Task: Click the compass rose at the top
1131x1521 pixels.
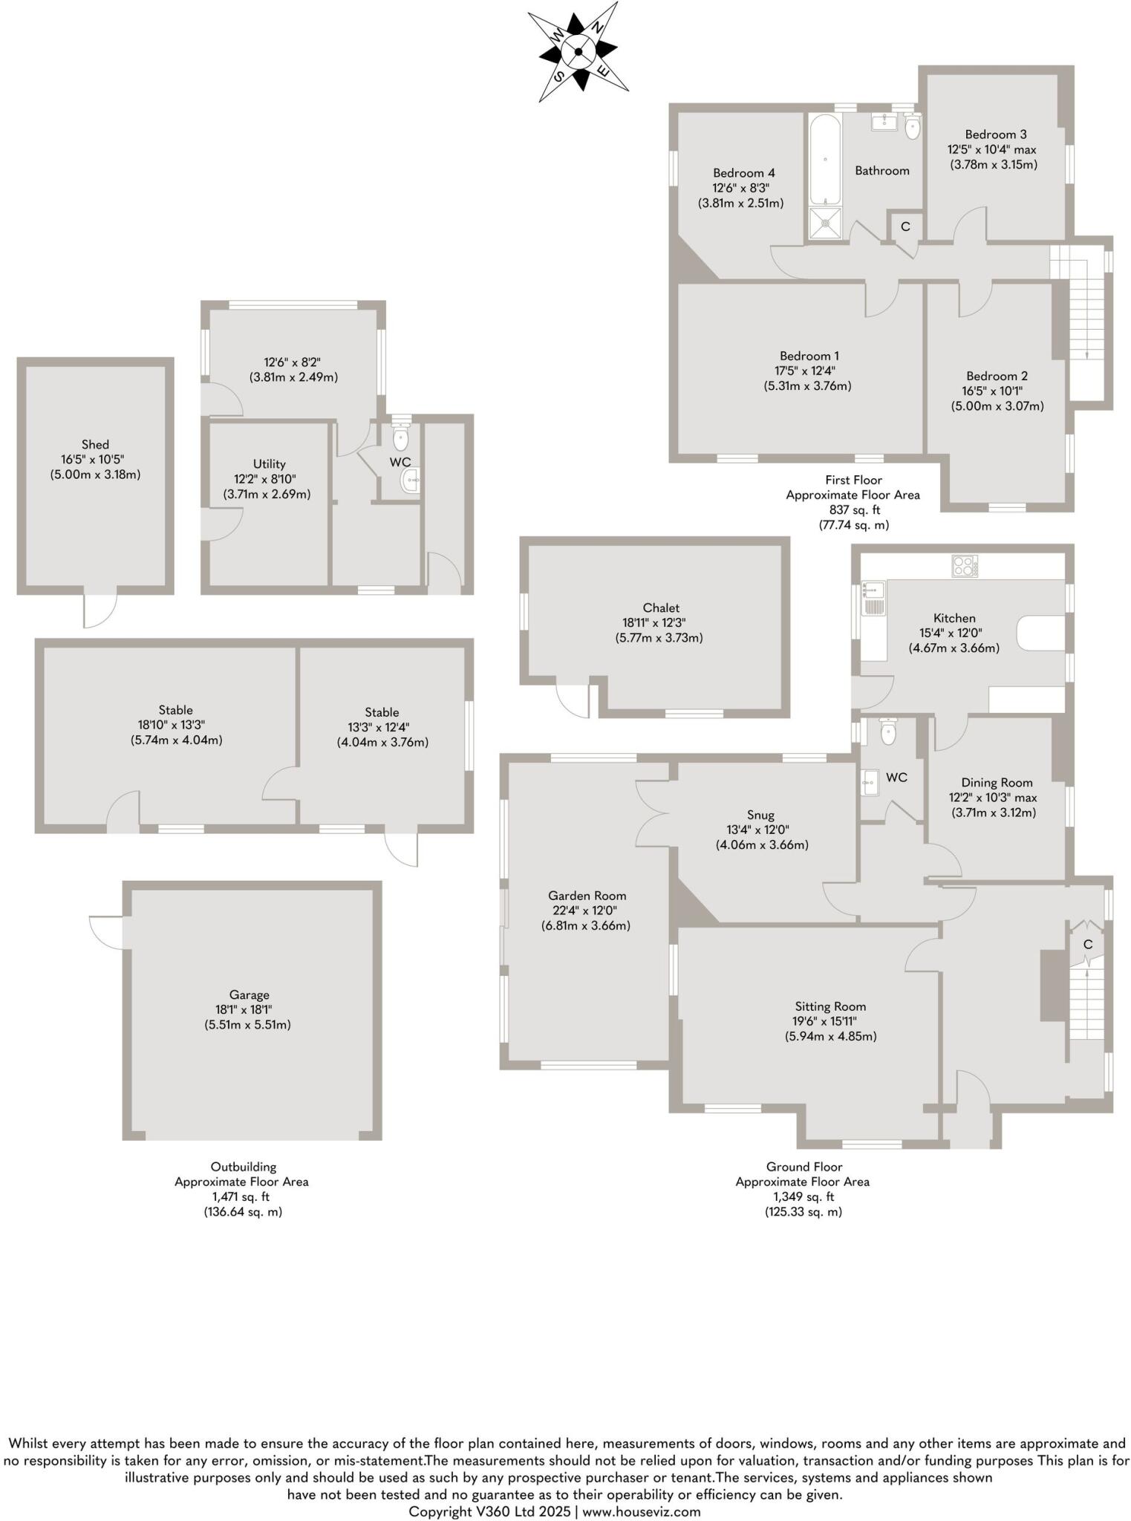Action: click(578, 51)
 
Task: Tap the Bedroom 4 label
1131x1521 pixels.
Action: click(740, 173)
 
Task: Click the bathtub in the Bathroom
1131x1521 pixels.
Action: click(825, 160)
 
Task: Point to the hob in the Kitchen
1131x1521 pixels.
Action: click(965, 566)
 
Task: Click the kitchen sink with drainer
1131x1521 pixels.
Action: click(873, 599)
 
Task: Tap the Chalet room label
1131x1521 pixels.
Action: click(661, 608)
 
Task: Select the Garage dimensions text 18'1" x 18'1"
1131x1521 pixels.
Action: click(248, 1009)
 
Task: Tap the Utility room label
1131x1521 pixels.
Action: click(269, 463)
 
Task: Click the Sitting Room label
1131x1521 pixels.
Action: click(829, 1006)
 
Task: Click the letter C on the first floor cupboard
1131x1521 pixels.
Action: click(905, 227)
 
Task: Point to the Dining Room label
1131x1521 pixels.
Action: click(997, 782)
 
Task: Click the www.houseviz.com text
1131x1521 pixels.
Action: click(642, 1511)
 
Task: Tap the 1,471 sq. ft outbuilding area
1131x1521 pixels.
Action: click(241, 1196)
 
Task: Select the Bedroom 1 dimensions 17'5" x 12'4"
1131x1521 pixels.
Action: click(808, 371)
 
